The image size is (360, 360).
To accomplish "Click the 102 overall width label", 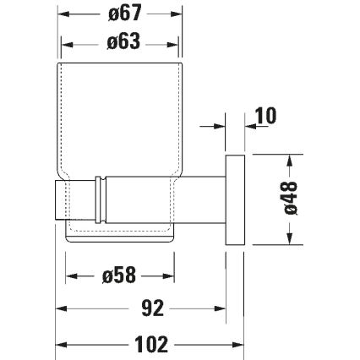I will pos(151,343).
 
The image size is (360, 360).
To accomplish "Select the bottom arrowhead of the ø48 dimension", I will pos(290,243).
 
